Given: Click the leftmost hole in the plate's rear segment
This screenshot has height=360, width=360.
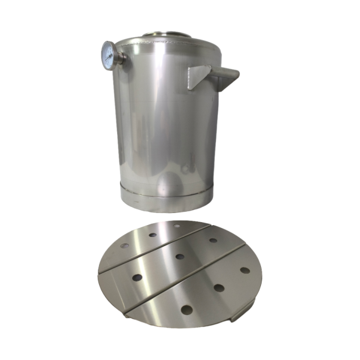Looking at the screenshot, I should (x=125, y=246).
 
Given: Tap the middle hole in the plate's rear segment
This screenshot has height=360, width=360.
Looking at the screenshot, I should (x=153, y=235).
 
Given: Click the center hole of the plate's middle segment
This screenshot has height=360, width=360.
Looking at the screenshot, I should (x=180, y=257).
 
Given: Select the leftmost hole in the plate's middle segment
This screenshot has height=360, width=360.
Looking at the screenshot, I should (x=137, y=278).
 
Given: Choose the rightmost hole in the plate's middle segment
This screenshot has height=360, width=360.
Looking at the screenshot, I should (x=214, y=241).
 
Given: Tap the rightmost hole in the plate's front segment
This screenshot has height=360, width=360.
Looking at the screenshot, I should (x=245, y=269).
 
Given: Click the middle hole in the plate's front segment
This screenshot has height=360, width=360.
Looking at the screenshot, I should (x=219, y=288).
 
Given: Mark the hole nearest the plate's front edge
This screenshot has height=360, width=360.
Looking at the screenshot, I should (x=187, y=310).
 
